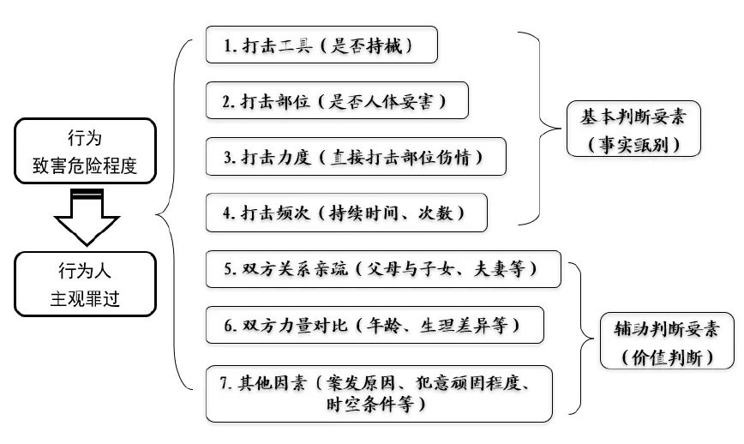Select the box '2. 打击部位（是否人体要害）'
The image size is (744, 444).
[338, 100]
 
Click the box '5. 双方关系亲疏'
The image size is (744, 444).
[383, 268]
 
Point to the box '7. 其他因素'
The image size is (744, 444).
[378, 393]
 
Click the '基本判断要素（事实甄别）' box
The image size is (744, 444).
[633, 129]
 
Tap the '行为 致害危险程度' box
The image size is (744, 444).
[85, 151]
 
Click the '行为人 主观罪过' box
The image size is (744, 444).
[85, 284]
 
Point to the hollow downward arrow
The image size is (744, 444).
[85, 219]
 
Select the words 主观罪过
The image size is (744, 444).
[85, 299]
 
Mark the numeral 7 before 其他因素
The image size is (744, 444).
[224, 383]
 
